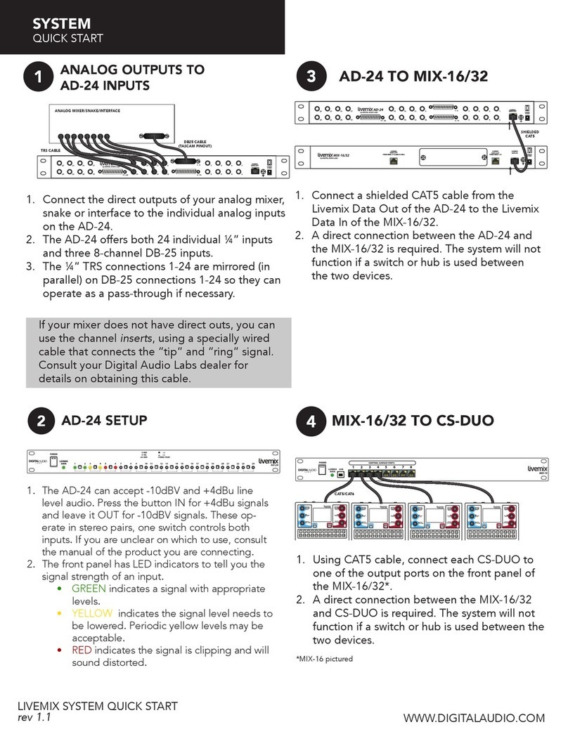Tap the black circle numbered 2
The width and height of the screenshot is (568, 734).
click(x=41, y=421)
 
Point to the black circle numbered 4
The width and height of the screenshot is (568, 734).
click(x=311, y=421)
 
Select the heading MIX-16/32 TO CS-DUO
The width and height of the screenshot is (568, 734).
click(x=413, y=421)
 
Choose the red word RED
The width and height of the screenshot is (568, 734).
click(x=82, y=650)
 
